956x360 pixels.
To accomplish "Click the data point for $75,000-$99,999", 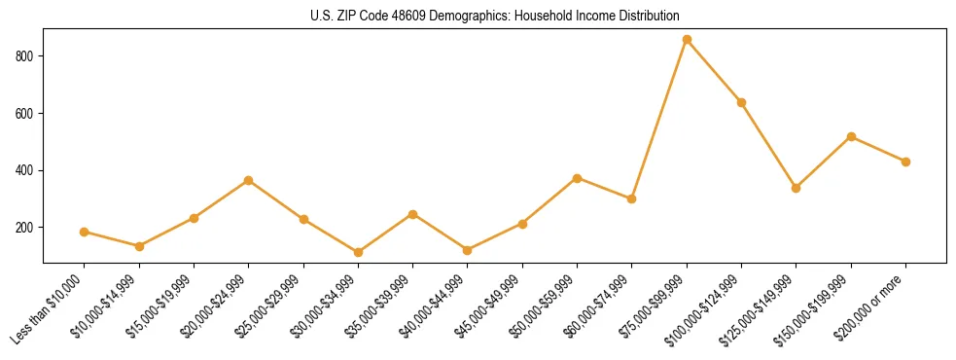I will [687, 40].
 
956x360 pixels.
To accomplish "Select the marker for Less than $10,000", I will [84, 232].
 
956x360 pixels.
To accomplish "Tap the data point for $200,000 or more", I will [906, 162].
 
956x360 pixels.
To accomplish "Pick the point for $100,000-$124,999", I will [742, 102].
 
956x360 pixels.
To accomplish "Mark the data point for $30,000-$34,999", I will [358, 252].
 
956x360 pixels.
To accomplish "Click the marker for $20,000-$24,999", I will [249, 180].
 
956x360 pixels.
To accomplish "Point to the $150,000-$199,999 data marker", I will [852, 136].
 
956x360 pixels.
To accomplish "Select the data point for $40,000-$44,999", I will [468, 250].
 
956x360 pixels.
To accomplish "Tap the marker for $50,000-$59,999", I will [578, 178].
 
